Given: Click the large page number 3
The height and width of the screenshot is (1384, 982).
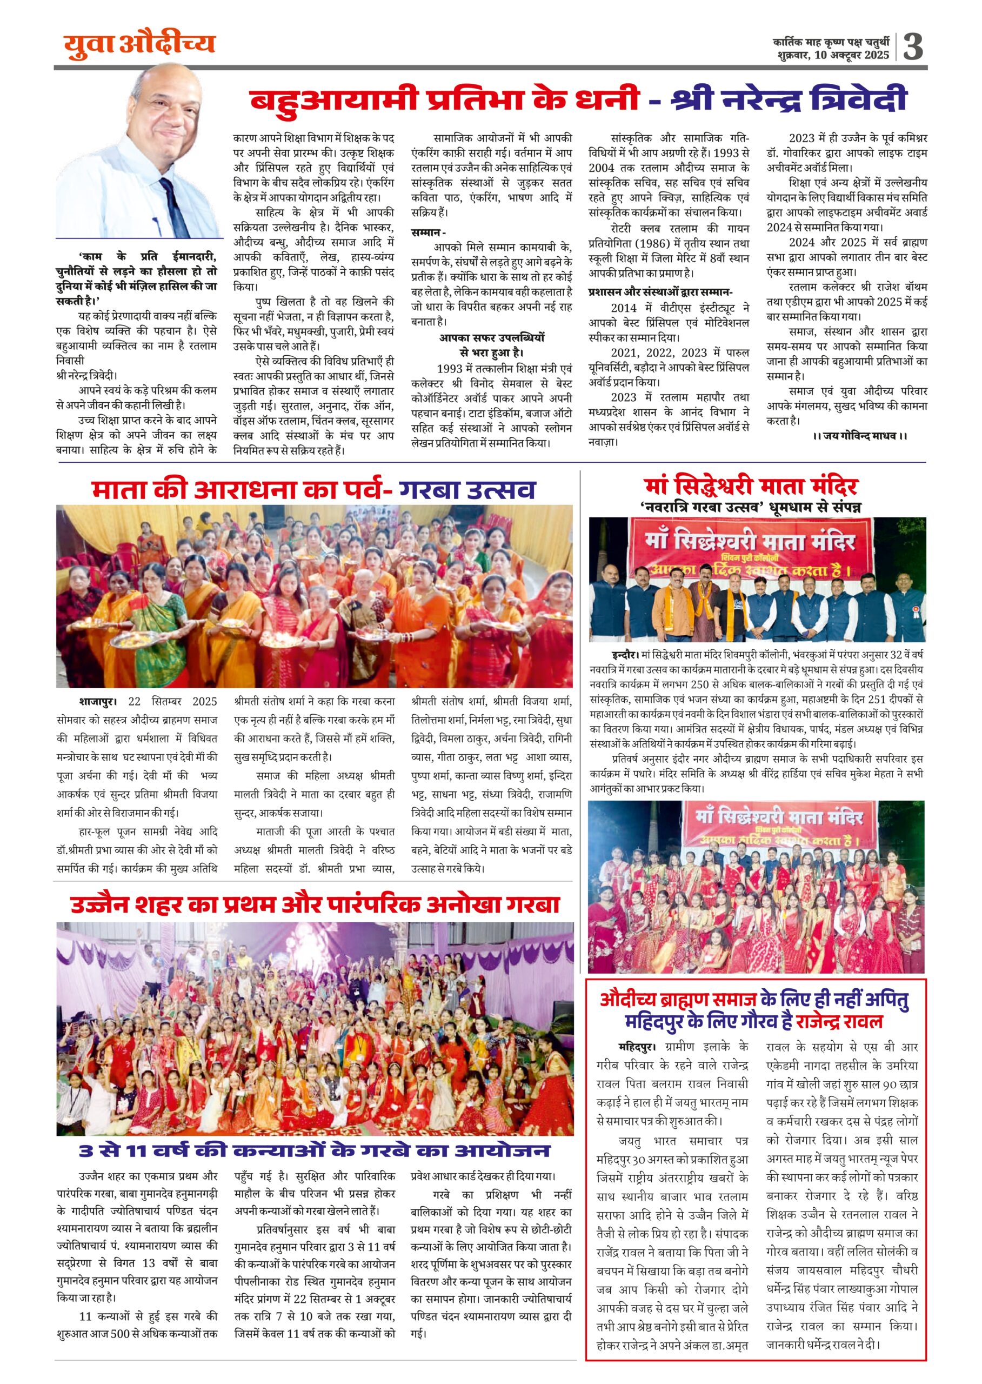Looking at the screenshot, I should pos(913,46).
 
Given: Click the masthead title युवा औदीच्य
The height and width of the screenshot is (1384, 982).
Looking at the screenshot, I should pos(139,45).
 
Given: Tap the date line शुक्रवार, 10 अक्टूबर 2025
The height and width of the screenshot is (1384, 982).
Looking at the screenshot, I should pos(834,56).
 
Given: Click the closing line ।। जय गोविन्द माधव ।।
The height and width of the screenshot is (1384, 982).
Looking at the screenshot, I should pos(860,436).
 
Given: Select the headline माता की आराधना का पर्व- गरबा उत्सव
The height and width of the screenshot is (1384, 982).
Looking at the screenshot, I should pos(313,489).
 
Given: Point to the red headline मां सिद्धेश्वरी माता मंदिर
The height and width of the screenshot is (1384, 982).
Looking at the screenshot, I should pos(752,487).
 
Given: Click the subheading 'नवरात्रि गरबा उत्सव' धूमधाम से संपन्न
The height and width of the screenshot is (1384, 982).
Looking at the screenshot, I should pos(752,507).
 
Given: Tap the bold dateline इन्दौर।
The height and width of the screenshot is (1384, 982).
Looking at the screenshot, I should pos(625,655).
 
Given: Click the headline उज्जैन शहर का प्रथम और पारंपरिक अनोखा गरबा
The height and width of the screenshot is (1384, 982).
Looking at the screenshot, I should pos(315,904).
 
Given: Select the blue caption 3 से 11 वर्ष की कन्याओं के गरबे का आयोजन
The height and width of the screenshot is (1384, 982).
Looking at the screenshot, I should pos(315,1150).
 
